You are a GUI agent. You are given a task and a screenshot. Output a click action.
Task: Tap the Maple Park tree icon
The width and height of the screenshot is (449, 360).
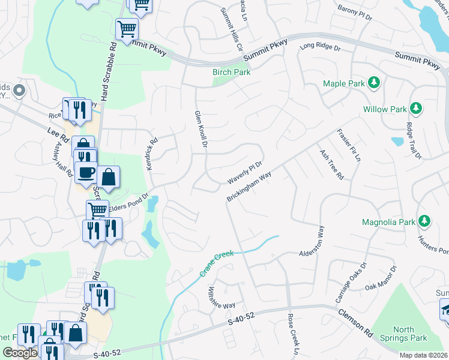coord(374,82)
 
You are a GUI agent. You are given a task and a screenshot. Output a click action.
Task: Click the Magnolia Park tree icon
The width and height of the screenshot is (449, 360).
coord(424,221)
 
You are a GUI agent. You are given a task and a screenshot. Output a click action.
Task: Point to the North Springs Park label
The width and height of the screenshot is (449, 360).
coord(411,334)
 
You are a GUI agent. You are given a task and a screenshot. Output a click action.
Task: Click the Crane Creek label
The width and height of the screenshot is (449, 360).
coord(215,264)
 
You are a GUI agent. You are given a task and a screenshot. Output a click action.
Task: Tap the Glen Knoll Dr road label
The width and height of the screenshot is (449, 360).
coord(200,130)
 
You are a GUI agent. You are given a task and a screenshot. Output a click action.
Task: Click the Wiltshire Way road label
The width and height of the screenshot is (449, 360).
coord(221,296)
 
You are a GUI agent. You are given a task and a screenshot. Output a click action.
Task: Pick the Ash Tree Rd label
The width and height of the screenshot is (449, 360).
coord(331,164)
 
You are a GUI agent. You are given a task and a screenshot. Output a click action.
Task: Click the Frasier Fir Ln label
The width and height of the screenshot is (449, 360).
coord(349,145)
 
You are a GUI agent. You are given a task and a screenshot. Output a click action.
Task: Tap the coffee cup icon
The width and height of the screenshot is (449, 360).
coord(85,172)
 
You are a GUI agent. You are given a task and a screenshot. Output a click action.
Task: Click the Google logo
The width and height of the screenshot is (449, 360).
coord(19,353)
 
